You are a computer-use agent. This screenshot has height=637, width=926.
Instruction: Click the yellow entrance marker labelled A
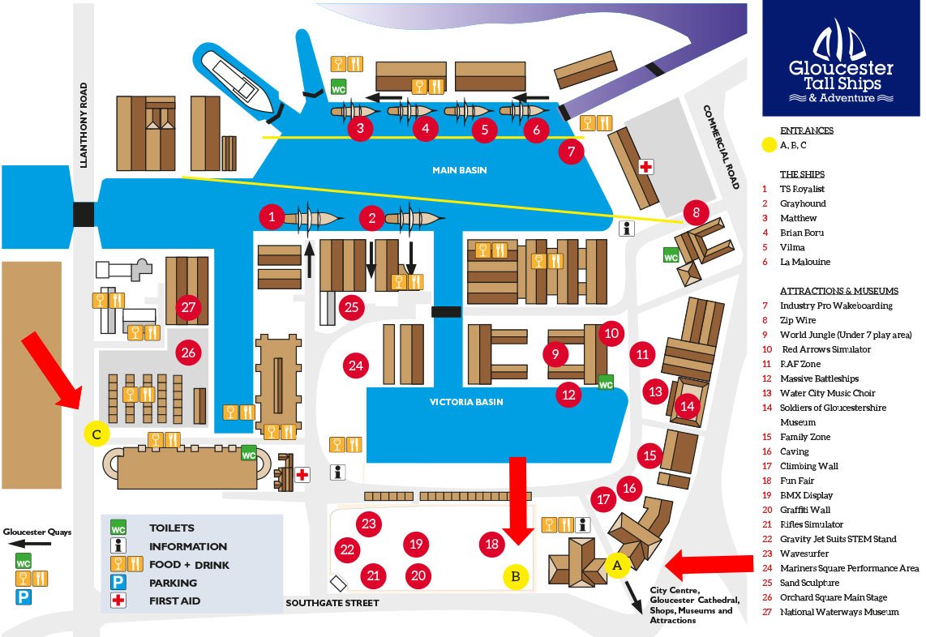pos(617,564)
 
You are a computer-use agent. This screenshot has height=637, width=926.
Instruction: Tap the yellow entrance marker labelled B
pos(516,577)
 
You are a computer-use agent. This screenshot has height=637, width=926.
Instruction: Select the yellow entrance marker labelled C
pos(96,434)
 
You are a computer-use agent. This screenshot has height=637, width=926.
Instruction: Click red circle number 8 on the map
pos(695,213)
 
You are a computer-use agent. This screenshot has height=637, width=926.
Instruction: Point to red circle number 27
pos(188,308)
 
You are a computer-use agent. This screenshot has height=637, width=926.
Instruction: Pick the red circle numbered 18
pos(491,544)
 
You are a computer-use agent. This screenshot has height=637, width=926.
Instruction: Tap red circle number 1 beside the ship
pos(272,216)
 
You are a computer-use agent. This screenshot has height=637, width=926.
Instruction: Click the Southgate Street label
pos(332,603)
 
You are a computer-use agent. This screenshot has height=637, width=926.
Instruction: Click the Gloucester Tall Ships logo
pos(841,59)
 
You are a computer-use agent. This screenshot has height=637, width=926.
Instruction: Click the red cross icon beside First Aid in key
pos(118,601)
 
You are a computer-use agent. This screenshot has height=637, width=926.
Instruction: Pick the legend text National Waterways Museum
pos(838,612)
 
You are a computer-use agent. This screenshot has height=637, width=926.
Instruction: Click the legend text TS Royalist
pos(802,189)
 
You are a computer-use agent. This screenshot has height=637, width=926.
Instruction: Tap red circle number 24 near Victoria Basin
pos(355,366)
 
